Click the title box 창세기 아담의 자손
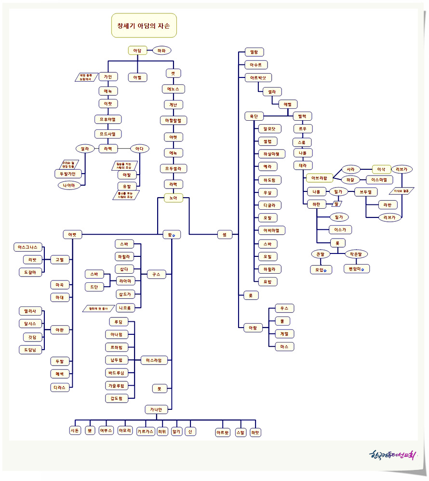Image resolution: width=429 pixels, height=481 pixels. click(x=144, y=25)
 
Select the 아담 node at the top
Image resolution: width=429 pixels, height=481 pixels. click(x=137, y=50)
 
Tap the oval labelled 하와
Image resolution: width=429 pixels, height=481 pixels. click(x=161, y=50)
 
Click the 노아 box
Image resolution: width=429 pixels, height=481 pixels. click(x=173, y=197)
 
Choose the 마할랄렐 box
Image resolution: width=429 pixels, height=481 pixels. click(x=173, y=120)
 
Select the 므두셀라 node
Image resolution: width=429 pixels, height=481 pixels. click(x=173, y=168)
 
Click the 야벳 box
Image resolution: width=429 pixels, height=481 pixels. click(x=72, y=235)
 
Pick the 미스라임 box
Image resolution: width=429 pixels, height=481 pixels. click(x=153, y=360)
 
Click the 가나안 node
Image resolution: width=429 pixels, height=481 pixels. click(x=156, y=409)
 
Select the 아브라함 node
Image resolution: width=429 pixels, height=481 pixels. click(x=319, y=178)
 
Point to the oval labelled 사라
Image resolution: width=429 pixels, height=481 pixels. click(x=350, y=169)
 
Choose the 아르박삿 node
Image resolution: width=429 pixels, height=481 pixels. click(x=258, y=77)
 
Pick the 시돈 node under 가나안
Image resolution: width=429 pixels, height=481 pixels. click(x=75, y=431)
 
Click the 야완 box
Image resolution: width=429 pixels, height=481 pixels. click(x=60, y=330)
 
